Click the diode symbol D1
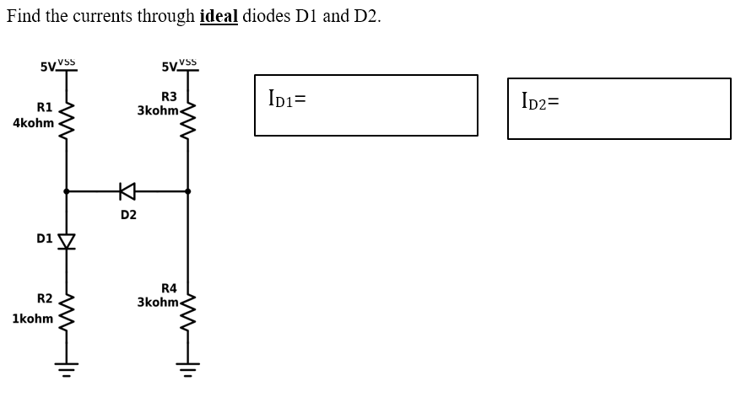point(67,241)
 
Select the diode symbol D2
point(127,191)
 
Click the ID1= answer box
point(366,105)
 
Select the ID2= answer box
point(619,108)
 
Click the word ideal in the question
point(219,17)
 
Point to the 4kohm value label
point(33,123)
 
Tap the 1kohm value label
point(33,319)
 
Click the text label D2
point(128,216)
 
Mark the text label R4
point(169,288)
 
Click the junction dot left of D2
point(67,191)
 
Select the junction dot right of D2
point(187,191)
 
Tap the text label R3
point(169,97)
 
